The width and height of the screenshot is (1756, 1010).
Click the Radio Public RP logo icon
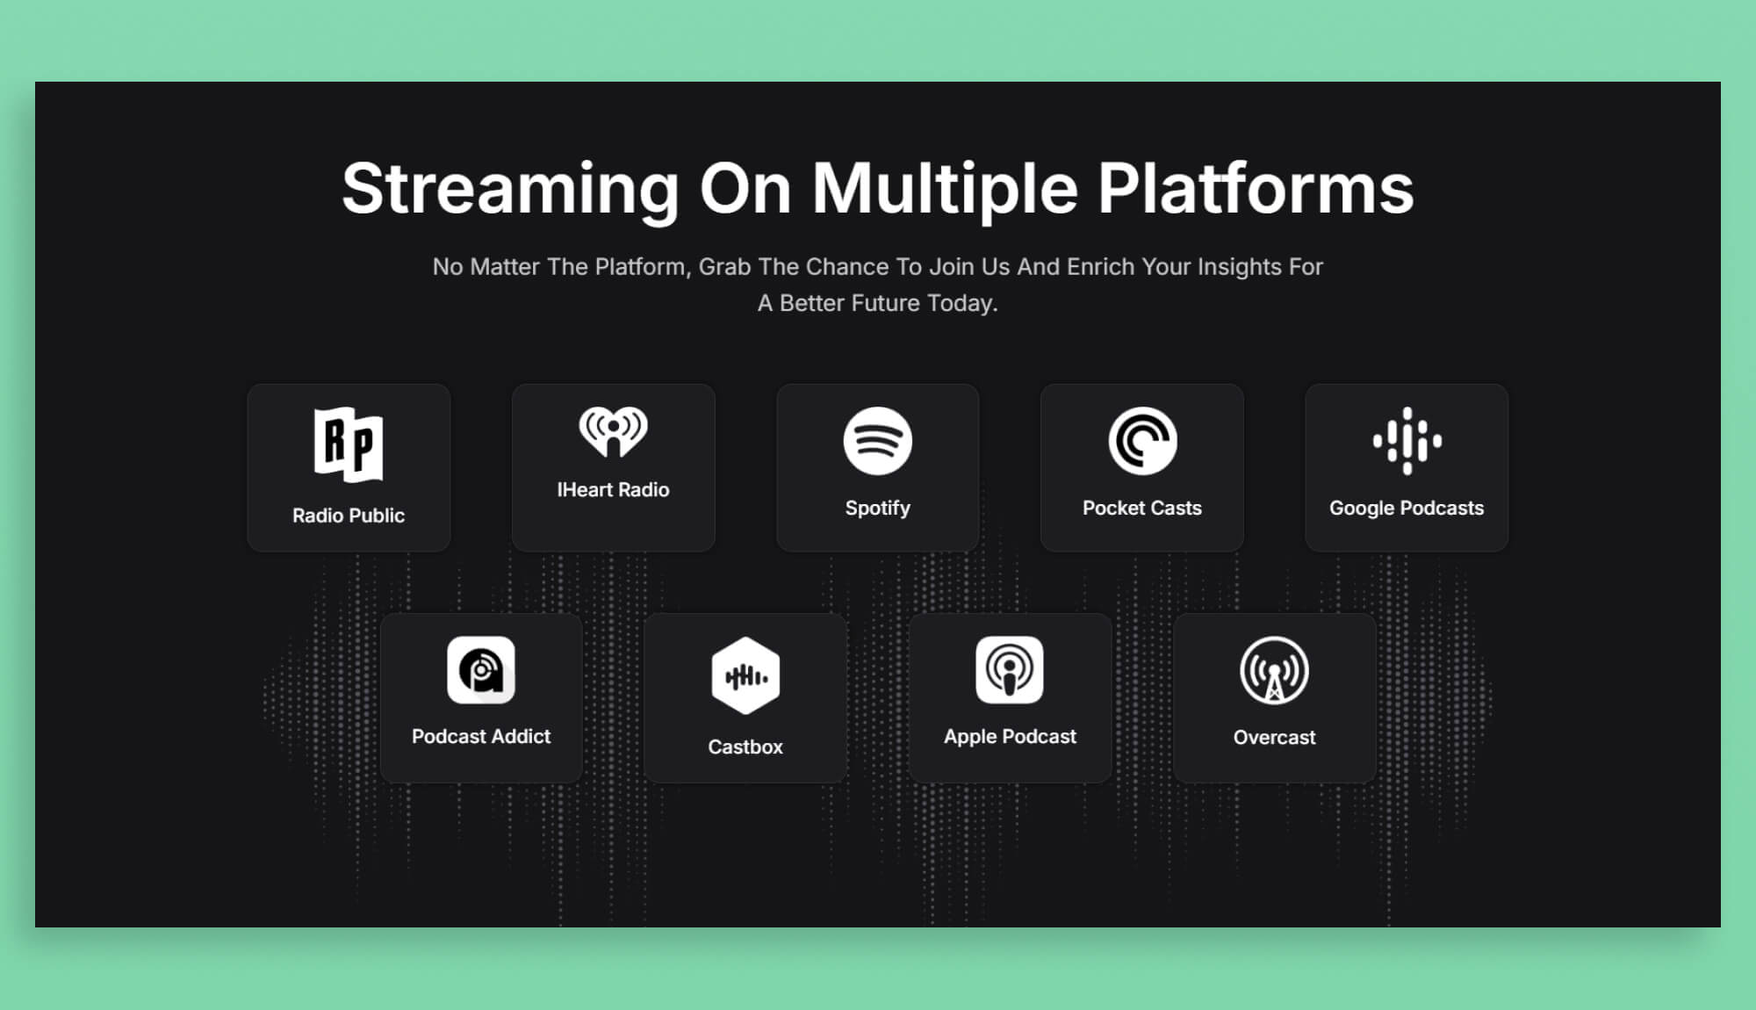coord(349,444)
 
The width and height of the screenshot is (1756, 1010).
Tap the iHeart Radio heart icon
coord(613,431)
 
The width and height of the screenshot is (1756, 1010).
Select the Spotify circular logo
coord(877,441)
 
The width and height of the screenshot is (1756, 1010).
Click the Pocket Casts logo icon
coord(1142,441)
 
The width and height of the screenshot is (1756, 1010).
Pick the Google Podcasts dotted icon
coord(1407,441)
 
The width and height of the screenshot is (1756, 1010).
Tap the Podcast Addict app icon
coord(481,670)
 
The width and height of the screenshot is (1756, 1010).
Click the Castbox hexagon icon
coord(745,675)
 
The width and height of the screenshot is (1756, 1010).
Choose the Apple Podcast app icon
coord(1010,670)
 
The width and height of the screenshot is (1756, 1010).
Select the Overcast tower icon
coord(1274,671)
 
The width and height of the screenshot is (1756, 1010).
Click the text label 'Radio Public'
coord(349,516)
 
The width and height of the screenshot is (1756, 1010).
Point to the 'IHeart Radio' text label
coord(613,490)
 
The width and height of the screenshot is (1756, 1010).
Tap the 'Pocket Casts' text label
coord(1141,508)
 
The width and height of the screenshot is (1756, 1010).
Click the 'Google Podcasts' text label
coord(1406,508)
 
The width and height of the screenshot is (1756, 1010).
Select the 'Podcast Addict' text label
coord(481,736)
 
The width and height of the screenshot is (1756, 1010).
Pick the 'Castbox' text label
coord(745,747)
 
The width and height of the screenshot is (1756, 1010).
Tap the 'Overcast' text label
coord(1274,738)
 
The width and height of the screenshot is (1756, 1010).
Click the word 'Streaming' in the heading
coord(510,190)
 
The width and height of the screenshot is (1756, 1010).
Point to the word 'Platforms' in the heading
coord(1256,188)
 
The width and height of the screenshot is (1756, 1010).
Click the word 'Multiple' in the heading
coord(944,190)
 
